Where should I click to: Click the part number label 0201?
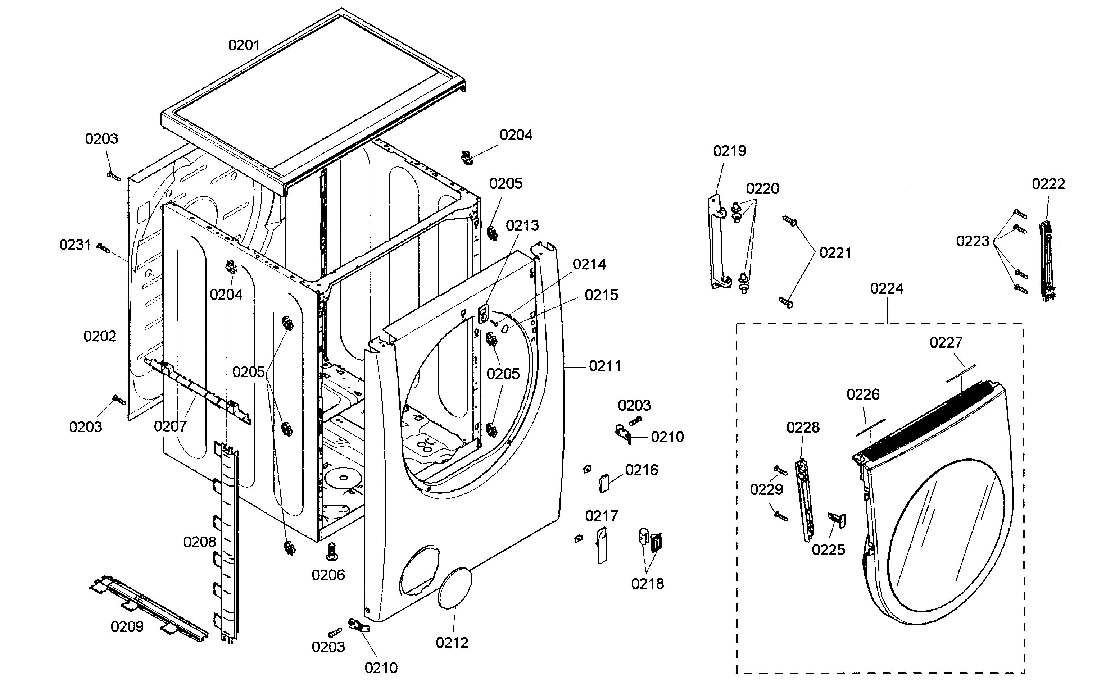(244, 45)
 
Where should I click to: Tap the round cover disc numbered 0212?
(454, 588)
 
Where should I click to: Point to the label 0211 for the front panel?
(604, 366)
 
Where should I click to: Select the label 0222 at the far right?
(1048, 184)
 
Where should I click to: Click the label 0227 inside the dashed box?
(946, 342)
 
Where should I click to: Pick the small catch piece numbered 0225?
(837, 520)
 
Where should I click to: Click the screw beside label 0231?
(104, 247)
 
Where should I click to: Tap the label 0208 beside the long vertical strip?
(199, 542)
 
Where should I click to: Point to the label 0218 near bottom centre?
(647, 584)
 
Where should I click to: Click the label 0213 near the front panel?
(522, 225)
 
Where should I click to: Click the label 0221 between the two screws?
(835, 253)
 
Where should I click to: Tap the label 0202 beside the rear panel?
(99, 336)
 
